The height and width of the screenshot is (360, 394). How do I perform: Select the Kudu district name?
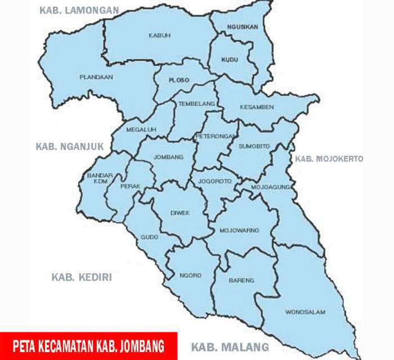coord(229,59)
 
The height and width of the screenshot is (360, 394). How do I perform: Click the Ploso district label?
coord(179,80)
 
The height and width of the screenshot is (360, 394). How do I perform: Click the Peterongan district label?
coord(212,137)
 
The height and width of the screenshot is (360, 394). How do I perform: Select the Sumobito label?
coord(254,146)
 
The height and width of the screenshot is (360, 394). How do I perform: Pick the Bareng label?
coord(242,280)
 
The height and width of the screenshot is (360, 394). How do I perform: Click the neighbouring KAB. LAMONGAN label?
coord(79,10)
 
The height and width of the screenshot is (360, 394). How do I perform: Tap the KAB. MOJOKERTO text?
coord(330,159)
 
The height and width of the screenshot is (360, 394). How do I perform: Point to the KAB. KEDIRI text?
coord(82,277)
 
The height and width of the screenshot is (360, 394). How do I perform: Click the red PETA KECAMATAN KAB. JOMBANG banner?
coord(88,345)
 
